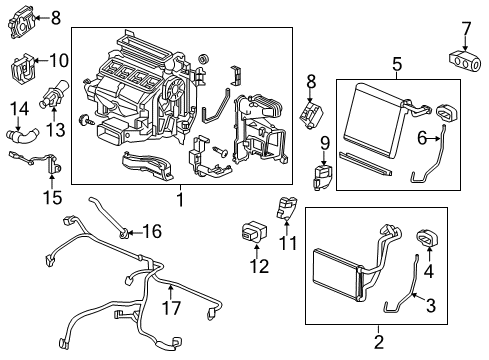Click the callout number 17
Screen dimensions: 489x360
[x=171, y=308]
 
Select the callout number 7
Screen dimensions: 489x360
[x=465, y=29]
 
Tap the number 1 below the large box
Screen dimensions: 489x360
[x=180, y=200]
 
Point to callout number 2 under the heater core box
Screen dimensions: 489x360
[x=379, y=342]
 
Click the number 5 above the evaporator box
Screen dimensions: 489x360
[x=397, y=64]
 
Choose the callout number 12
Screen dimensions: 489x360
[x=259, y=266]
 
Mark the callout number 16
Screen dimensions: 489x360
[x=152, y=231]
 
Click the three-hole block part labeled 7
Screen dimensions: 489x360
[x=465, y=61]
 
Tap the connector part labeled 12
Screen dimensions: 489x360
[x=254, y=232]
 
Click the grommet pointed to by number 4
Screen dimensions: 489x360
[x=427, y=239]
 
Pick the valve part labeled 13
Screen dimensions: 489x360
[x=53, y=94]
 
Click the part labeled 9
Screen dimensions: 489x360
[x=322, y=177]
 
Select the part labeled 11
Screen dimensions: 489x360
[x=286, y=208]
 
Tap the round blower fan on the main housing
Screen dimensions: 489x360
[x=173, y=90]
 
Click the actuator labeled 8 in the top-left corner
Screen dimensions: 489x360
[x=22, y=23]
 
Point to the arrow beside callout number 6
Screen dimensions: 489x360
[x=435, y=139]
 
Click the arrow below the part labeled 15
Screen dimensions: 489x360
[x=52, y=181]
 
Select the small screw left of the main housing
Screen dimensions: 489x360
[x=83, y=119]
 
